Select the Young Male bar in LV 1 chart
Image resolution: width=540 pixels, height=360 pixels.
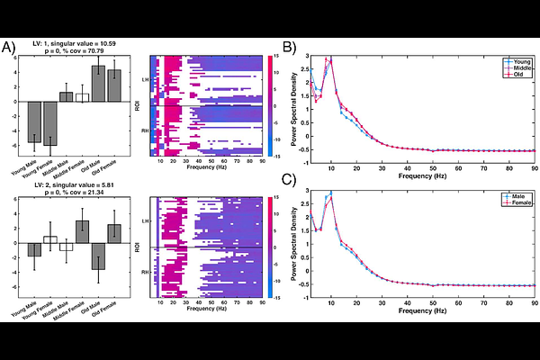tap(34, 121)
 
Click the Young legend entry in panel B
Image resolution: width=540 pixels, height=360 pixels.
tap(516, 61)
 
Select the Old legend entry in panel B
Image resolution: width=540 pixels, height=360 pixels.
tap(516, 74)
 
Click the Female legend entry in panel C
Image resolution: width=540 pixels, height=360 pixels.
tap(516, 202)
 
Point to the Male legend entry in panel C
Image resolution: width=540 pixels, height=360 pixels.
tap(516, 195)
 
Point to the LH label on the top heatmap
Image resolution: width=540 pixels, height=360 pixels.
tap(145, 80)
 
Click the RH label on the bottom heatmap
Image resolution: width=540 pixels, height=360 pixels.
tap(145, 271)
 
